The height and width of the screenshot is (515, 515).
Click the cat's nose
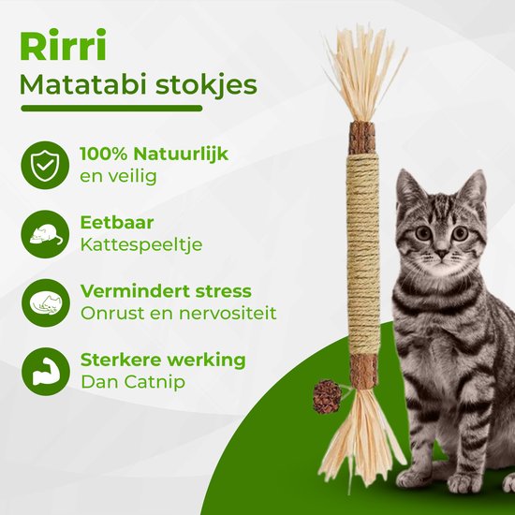(x=439, y=252)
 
